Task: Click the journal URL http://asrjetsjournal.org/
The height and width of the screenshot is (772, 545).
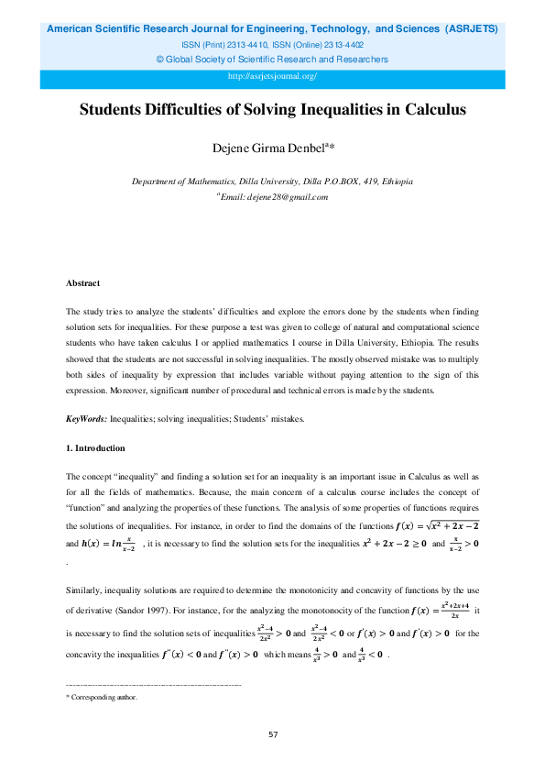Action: click(272, 76)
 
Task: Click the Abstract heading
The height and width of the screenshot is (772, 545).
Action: click(82, 283)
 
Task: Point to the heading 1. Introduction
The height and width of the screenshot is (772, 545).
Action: click(95, 448)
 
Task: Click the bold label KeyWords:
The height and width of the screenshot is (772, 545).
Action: click(86, 419)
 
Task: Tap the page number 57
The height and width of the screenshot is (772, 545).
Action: click(272, 734)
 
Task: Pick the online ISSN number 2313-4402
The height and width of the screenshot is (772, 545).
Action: click(340, 44)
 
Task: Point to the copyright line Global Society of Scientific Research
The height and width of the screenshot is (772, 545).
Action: click(272, 60)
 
